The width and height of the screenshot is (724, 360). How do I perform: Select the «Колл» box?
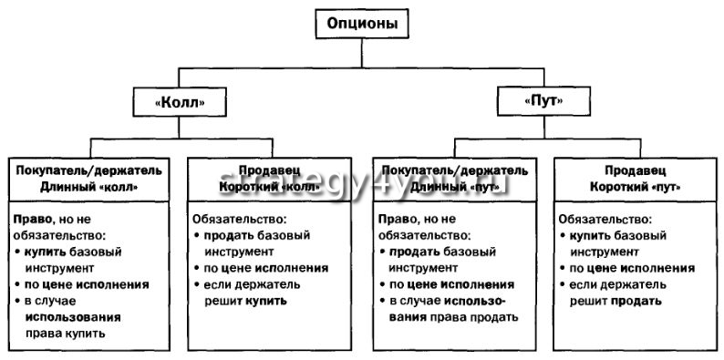[178, 103]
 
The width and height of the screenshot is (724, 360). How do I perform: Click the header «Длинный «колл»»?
[88, 186]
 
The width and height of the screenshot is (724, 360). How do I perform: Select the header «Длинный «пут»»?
[451, 186]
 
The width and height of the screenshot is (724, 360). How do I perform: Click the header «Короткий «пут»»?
[635, 186]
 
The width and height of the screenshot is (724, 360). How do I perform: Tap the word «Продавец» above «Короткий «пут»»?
[635, 170]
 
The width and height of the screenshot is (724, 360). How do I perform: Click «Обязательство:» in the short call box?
[239, 220]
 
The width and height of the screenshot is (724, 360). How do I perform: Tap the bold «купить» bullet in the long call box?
[46, 252]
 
